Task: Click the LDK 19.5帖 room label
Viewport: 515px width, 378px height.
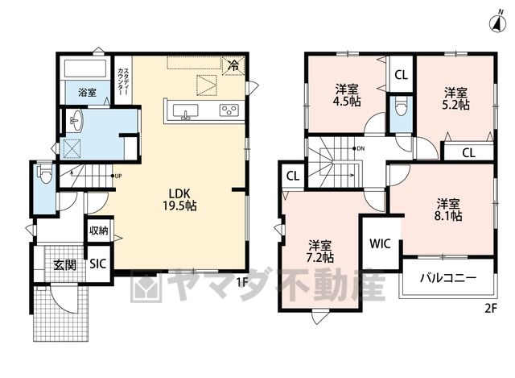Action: tap(179, 199)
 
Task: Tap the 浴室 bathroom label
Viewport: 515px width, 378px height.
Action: tap(88, 93)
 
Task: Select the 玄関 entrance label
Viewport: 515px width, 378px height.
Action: tap(65, 265)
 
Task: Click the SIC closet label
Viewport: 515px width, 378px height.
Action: tap(98, 264)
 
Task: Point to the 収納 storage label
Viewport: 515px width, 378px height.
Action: tap(99, 231)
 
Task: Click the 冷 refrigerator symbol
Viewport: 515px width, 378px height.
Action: tap(234, 66)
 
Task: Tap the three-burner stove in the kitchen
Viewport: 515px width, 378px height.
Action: tap(229, 110)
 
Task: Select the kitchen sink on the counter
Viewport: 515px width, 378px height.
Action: tap(186, 111)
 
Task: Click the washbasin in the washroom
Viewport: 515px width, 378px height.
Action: tap(76, 120)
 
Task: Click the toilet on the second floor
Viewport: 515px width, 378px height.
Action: tap(402, 106)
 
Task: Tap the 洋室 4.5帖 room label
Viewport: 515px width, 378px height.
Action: tap(347, 95)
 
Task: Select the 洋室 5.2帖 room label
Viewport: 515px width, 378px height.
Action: tap(455, 98)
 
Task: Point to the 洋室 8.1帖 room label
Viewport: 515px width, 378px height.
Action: tap(448, 210)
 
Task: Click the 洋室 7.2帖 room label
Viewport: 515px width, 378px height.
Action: tap(320, 251)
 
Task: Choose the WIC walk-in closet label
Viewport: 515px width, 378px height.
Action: tap(380, 243)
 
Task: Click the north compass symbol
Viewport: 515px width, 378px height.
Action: tap(497, 23)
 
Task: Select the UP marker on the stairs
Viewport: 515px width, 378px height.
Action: tap(117, 176)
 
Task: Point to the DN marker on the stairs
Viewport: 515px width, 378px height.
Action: tap(359, 148)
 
